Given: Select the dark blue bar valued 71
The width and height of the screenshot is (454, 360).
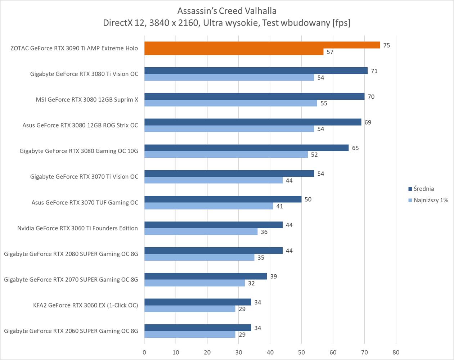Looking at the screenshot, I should pyautogui.click(x=256, y=71).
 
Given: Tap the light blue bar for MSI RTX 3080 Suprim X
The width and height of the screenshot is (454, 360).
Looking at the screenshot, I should pyautogui.click(x=230, y=103).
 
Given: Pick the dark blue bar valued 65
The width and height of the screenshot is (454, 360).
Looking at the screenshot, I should pyautogui.click(x=246, y=148).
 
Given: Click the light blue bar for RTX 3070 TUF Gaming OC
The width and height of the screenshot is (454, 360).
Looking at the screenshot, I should pyautogui.click(x=208, y=206).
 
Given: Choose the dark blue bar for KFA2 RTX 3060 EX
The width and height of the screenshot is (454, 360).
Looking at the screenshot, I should pyautogui.click(x=198, y=302).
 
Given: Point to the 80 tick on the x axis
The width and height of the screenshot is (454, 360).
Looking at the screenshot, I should pyautogui.click(x=396, y=352).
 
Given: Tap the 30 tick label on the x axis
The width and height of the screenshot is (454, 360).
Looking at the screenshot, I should pyautogui.click(x=239, y=352).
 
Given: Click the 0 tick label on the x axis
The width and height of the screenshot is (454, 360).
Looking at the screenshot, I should pyautogui.click(x=144, y=352).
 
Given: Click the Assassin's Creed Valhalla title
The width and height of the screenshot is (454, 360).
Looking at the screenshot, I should pyautogui.click(x=227, y=11).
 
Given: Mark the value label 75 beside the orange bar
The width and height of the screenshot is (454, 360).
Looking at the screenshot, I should pyautogui.click(x=386, y=45).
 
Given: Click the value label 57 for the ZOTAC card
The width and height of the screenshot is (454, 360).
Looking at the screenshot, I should pyautogui.click(x=330, y=52).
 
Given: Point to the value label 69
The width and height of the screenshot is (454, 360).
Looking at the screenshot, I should pyautogui.click(x=368, y=122).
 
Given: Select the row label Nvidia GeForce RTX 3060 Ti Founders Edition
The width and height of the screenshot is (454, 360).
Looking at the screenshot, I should pyautogui.click(x=77, y=228).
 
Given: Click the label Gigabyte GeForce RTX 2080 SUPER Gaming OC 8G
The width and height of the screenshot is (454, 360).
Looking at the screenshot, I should pyautogui.click(x=71, y=254).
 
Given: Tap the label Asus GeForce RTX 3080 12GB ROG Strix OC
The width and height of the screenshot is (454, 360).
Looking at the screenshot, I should pyautogui.click(x=80, y=125).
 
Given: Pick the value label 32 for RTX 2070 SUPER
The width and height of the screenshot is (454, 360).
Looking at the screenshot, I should pyautogui.click(x=251, y=283).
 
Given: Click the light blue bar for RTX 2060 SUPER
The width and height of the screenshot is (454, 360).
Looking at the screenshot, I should pyautogui.click(x=190, y=334).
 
